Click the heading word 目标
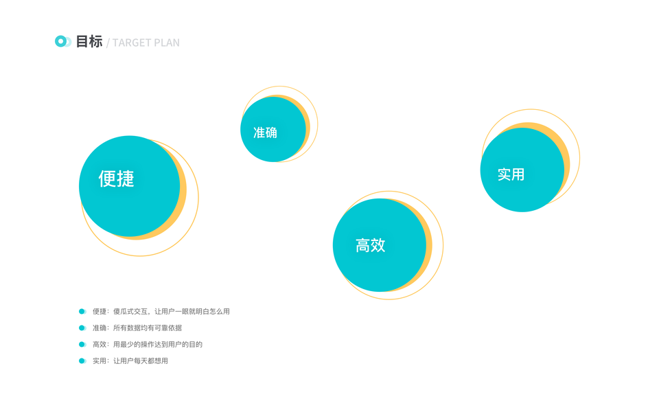tap(89, 42)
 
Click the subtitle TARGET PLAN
tap(146, 43)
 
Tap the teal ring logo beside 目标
tap(61, 42)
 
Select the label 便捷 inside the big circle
tap(117, 179)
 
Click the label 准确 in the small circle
tap(265, 133)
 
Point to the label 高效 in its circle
tap(371, 245)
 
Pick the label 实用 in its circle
tap(511, 174)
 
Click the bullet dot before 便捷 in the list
tap(82, 312)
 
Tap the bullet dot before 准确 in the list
tap(82, 328)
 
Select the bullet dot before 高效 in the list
tap(82, 345)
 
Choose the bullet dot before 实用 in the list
tap(82, 361)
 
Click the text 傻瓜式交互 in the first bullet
tap(130, 312)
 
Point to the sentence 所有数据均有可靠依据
tap(148, 328)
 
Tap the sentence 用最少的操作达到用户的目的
tap(158, 345)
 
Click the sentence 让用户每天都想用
tap(141, 361)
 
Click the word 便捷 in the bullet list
tap(100, 312)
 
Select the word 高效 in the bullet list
tap(100, 345)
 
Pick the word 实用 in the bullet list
tap(100, 361)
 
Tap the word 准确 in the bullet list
tap(100, 328)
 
